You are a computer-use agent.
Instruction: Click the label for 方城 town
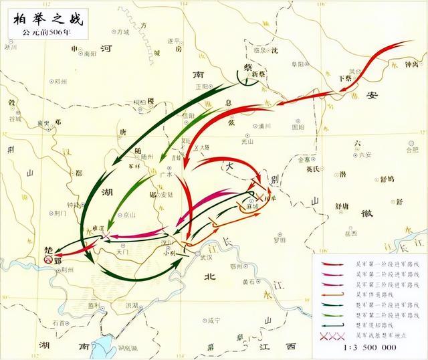(x=122, y=31)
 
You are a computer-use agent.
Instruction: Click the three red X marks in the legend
(x=330, y=335)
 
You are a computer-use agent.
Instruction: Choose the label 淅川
(x=10, y=48)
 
